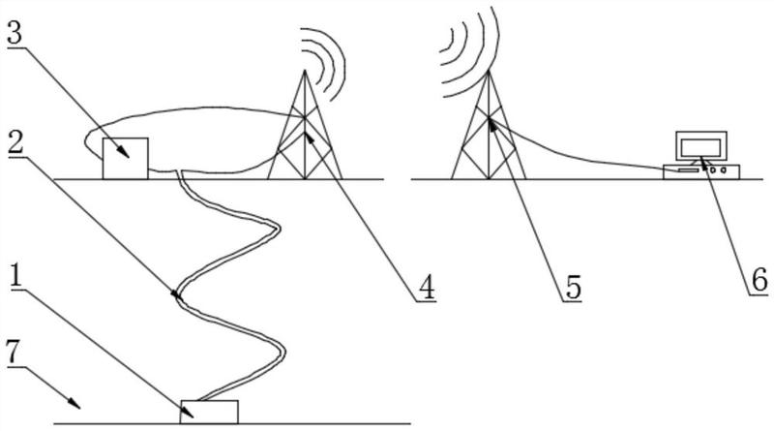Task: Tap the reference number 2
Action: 15,143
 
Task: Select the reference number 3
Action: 15,33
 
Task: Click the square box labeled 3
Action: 126,158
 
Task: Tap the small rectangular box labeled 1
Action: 211,411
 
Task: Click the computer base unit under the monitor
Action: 700,171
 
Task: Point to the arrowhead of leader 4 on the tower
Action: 309,135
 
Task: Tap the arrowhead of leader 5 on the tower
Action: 491,122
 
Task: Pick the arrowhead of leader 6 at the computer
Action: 700,151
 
